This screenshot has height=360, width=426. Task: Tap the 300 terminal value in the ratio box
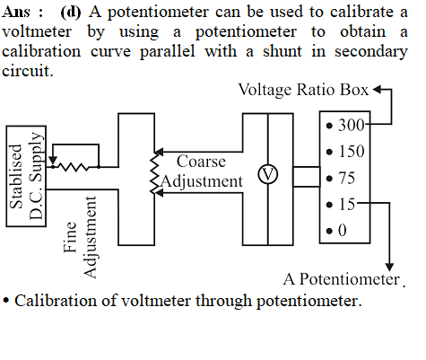point(352,125)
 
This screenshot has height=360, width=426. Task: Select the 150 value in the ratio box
point(352,152)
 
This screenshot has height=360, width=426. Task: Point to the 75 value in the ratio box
point(347,178)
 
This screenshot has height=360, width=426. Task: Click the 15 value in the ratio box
point(347,205)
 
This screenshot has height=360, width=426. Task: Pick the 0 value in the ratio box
point(343,231)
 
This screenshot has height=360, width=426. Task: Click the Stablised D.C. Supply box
point(26,176)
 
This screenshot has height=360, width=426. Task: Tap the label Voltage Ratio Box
point(303,90)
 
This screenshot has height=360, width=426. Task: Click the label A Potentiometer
point(342,279)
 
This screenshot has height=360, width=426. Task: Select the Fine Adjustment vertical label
point(80,237)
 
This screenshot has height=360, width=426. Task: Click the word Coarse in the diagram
point(201,162)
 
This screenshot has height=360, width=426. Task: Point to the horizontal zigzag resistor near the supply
point(74,167)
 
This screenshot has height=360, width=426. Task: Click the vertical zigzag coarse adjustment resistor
point(154,173)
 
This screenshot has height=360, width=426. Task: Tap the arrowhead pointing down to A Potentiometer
point(389,267)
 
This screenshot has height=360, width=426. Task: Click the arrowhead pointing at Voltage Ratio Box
point(378,89)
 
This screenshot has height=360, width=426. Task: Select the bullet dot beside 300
point(329,126)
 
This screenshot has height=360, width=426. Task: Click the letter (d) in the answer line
point(71,13)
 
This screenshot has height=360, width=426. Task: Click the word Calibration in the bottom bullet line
point(56,301)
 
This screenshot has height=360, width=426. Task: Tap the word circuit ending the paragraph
point(28,71)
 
